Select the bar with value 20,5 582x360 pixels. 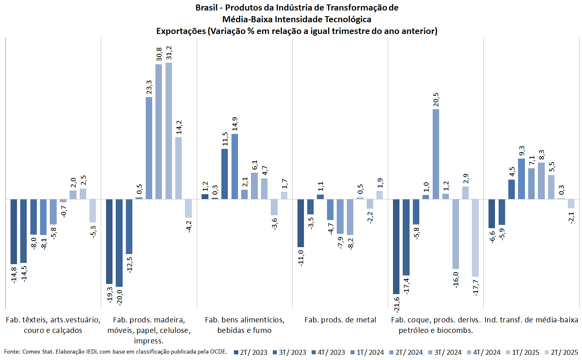[x=436, y=154]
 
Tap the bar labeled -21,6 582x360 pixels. [x=396, y=246]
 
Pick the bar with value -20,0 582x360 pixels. [x=119, y=243]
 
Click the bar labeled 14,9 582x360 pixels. [x=235, y=166]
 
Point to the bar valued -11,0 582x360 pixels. [x=301, y=223]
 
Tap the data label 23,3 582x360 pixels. [x=149, y=87]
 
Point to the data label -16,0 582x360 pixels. [x=456, y=280]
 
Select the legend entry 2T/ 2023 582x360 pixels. [x=251, y=352]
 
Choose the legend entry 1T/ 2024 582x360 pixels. [x=367, y=352]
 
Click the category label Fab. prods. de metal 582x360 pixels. [x=340, y=320]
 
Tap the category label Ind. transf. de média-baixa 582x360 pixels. [x=531, y=320]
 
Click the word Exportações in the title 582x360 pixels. [x=181, y=31]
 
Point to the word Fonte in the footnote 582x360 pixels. [x=12, y=352]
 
